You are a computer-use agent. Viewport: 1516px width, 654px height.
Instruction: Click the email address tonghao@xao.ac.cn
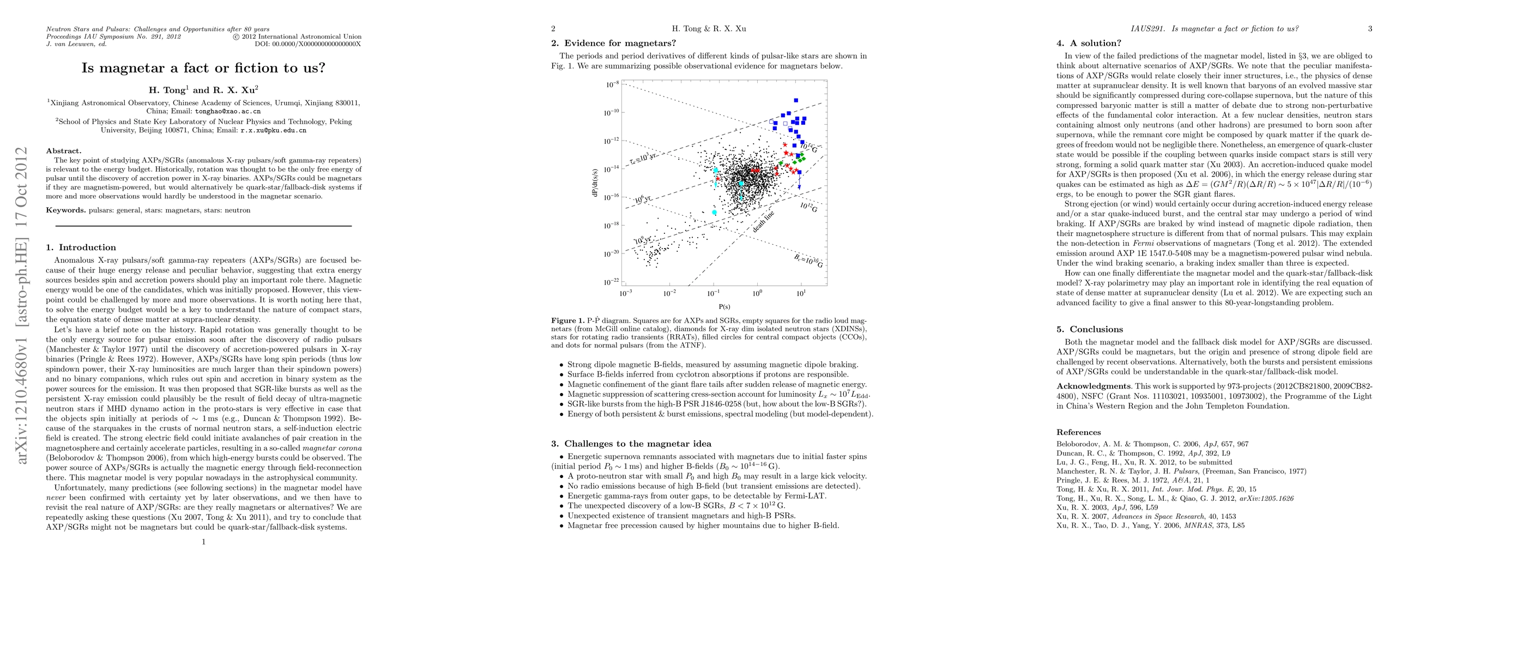[x=228, y=111]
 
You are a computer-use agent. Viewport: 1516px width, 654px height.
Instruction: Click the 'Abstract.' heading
[x=64, y=151]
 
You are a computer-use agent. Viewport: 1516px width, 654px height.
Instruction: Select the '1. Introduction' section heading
[x=81, y=247]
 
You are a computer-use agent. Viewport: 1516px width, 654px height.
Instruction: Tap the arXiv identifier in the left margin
[x=22, y=305]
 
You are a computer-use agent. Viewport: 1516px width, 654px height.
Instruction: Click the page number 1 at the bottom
[x=204, y=542]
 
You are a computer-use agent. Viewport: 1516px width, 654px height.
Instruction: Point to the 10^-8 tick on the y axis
[x=612, y=84]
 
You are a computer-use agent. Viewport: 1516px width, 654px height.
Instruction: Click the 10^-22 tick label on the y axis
[x=612, y=282]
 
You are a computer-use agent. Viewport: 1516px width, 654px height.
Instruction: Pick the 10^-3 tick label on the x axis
[x=625, y=293]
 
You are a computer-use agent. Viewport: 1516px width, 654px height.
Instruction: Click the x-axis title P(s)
[x=724, y=307]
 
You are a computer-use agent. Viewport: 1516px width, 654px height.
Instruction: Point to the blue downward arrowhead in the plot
[x=799, y=187]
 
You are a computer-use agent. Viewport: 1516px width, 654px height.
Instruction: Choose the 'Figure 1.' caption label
[x=567, y=320]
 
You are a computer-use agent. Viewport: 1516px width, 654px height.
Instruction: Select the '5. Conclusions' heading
[x=1089, y=329]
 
